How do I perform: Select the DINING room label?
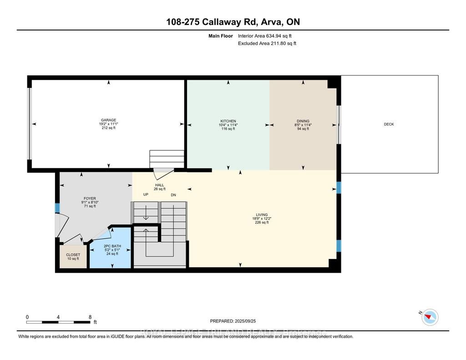click(303, 121)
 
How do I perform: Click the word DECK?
click(389, 124)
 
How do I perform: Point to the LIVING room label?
click(262, 215)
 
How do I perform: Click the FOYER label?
click(89, 198)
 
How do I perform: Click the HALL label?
click(159, 185)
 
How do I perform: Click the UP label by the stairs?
click(146, 195)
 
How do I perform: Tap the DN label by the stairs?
click(173, 195)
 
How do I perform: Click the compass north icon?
click(430, 317)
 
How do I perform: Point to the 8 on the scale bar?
click(90, 317)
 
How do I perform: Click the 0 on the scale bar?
click(27, 317)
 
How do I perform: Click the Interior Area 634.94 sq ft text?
click(268, 35)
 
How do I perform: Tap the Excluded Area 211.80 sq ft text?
click(267, 44)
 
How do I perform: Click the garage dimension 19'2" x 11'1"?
click(108, 123)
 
